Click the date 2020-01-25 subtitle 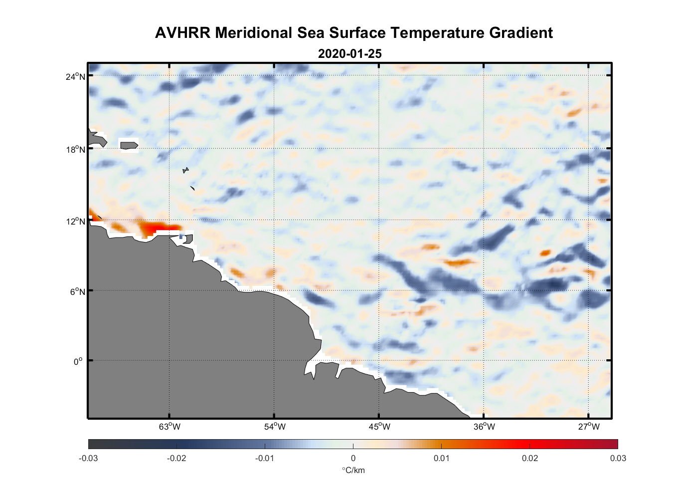coord(349,54)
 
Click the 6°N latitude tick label coord(78,291)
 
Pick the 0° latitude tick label coord(79,361)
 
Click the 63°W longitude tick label coord(169,427)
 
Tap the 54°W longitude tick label coord(275,427)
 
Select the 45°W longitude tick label coord(379,427)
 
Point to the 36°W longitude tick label coord(484,427)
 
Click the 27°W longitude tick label coord(589,427)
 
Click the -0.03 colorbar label coord(88,459)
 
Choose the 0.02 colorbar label coord(529,459)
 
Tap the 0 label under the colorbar coord(353,459)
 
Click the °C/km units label coord(353,470)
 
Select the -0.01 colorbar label coord(264,459)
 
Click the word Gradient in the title coord(520,33)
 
